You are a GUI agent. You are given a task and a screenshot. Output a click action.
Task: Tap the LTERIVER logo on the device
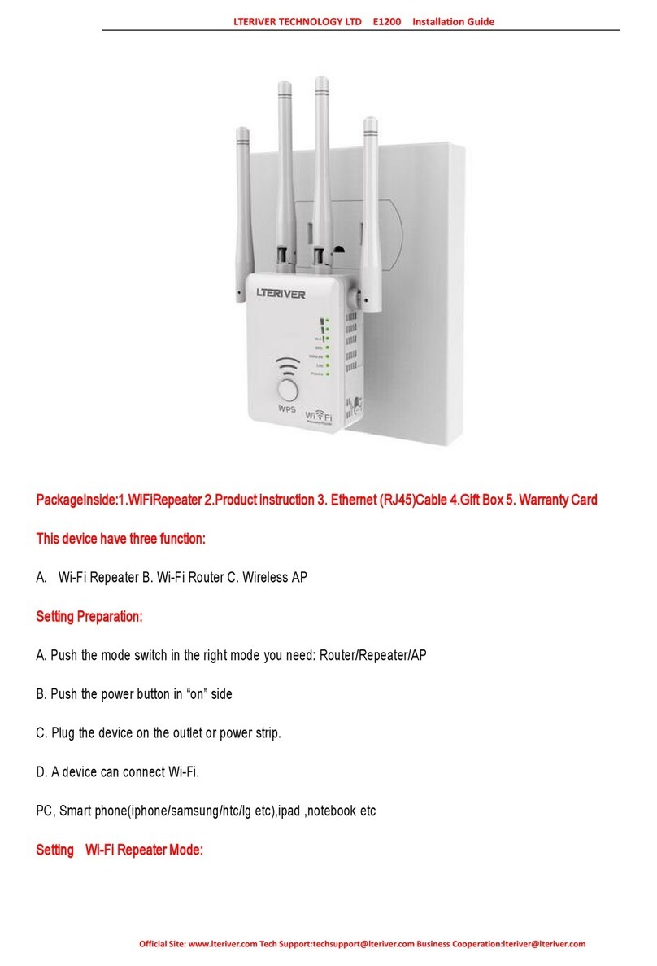click(280, 295)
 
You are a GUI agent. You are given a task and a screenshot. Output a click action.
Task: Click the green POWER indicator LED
click(326, 375)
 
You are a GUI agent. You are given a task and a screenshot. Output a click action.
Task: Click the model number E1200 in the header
click(386, 22)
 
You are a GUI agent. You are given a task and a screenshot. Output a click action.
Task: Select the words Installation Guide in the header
click(453, 22)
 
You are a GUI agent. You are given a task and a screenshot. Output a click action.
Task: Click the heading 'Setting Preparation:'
click(89, 617)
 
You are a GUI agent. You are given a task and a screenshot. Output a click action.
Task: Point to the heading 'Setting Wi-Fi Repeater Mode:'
click(120, 850)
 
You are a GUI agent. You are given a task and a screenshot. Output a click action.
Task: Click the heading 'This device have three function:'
click(121, 539)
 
